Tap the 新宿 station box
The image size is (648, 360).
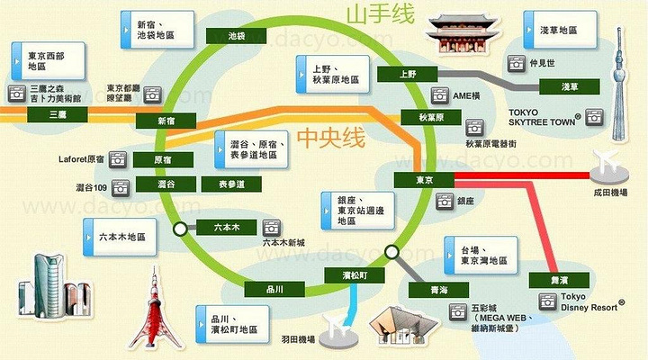pyautogui.click(x=166, y=120)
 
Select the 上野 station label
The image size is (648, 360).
pyautogui.click(x=409, y=75)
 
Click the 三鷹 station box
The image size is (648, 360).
pyautogui.click(x=58, y=115)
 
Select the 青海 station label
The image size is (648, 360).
pyautogui.click(x=427, y=291)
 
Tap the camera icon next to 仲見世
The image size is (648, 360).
pyautogui.click(x=517, y=64)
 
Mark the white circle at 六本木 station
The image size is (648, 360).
pyautogui.click(x=182, y=229)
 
